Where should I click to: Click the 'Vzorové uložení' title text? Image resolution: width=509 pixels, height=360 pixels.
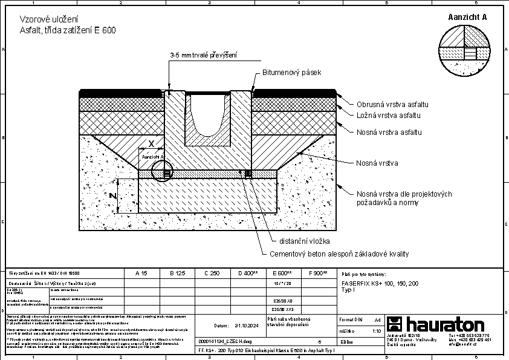click(x=41, y=20)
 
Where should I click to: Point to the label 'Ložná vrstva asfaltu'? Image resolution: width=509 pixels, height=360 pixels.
click(x=387, y=115)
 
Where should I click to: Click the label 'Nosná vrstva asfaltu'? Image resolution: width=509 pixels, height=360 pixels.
click(x=388, y=132)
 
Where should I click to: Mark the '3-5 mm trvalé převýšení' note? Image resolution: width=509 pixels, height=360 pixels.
click(x=203, y=56)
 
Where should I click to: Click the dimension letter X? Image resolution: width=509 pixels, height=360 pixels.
click(x=152, y=144)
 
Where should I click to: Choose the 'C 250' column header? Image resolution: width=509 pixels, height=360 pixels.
click(x=212, y=273)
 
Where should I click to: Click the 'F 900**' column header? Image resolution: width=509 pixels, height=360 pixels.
click(x=318, y=273)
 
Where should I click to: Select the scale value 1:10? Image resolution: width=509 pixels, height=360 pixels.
click(x=377, y=331)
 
